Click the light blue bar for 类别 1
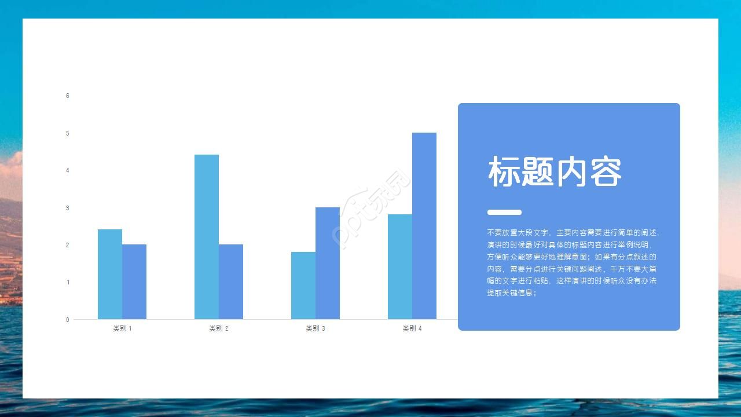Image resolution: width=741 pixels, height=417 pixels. (110, 274)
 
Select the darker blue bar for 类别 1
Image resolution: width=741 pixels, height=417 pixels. (134, 281)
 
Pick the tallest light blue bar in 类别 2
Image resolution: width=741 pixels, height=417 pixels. (207, 236)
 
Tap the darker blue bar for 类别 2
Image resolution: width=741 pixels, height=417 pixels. (231, 281)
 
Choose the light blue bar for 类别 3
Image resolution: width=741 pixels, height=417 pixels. (303, 285)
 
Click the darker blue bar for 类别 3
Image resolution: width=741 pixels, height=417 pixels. (328, 263)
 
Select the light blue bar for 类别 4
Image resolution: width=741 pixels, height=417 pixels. (400, 266)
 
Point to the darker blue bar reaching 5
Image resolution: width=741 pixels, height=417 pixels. (424, 226)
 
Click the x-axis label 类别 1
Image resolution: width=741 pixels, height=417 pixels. (122, 328)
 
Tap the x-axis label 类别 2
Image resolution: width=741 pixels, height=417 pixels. (219, 328)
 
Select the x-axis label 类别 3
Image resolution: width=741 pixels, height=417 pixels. (316, 328)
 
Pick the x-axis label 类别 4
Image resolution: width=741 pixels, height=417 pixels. (412, 328)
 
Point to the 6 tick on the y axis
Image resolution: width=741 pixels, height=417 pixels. (68, 96)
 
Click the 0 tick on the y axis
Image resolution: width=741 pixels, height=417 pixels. (68, 320)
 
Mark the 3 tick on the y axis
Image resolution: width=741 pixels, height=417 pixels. (68, 208)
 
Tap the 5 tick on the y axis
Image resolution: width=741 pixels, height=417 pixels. (68, 133)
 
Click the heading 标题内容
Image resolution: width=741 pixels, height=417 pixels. (555, 172)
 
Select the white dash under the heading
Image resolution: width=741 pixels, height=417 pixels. (504, 212)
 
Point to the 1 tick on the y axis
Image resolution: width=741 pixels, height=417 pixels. (68, 283)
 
